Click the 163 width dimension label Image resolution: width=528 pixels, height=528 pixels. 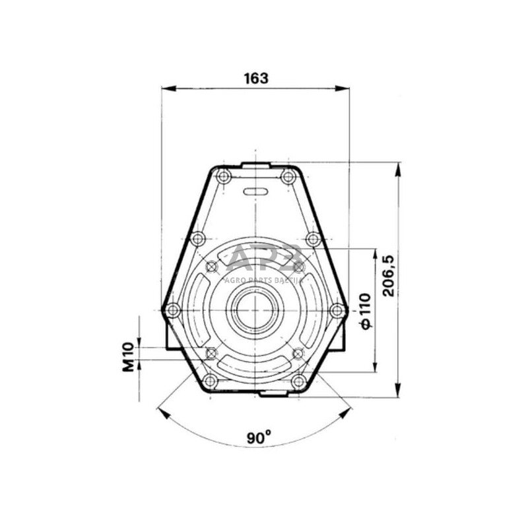tap(256, 78)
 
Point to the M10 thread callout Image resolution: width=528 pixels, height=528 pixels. tap(128, 357)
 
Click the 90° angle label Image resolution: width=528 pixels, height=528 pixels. tap(259, 438)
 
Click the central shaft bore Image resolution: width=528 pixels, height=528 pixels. tap(256, 310)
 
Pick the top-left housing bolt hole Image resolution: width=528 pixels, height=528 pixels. tap(223, 176)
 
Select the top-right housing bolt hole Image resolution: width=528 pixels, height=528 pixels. tap(288, 176)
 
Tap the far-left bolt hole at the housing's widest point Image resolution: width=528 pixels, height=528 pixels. tap(172, 310)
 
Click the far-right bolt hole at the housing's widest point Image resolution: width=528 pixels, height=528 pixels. tap(337, 310)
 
